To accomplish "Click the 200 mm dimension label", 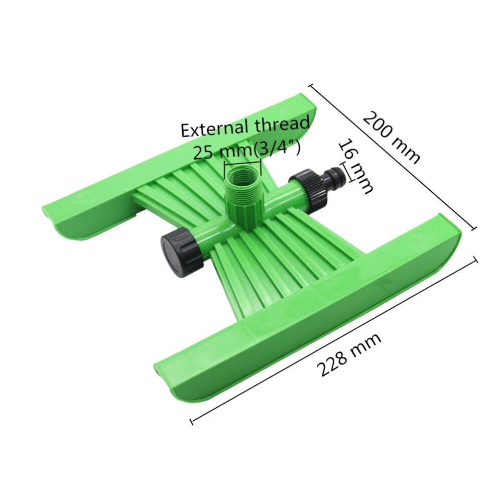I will click(x=392, y=137).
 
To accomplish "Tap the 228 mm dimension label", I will click(x=349, y=354).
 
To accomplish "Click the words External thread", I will click(x=245, y=128).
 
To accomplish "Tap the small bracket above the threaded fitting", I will click(x=243, y=165).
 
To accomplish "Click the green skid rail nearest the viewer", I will click(x=306, y=311).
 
